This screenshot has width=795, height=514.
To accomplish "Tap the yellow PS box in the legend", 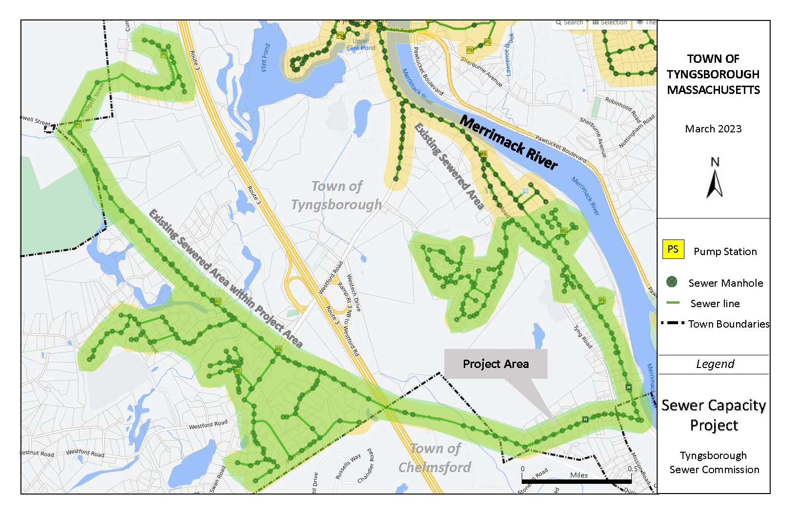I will (673, 249).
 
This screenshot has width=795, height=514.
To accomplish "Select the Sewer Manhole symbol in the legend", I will (672, 282).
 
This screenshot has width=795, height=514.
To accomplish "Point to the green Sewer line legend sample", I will (672, 303).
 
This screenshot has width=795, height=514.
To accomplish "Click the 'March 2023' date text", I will (713, 129).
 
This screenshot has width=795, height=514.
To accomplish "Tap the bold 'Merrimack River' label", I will (509, 142).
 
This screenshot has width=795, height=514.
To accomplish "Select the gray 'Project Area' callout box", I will (495, 364).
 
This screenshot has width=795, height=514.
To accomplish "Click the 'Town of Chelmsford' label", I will (435, 458).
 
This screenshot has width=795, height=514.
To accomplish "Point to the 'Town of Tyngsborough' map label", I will (337, 195).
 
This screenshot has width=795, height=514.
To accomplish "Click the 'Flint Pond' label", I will (266, 57).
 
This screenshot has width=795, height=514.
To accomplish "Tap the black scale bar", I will (577, 481).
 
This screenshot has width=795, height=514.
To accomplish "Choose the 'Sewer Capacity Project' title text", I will (714, 415).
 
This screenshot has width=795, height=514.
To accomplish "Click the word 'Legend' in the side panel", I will (715, 364).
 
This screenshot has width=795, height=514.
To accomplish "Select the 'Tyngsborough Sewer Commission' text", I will (714, 462).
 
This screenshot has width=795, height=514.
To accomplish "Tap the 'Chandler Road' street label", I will (366, 466).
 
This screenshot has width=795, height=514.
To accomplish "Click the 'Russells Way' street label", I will (348, 466).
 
